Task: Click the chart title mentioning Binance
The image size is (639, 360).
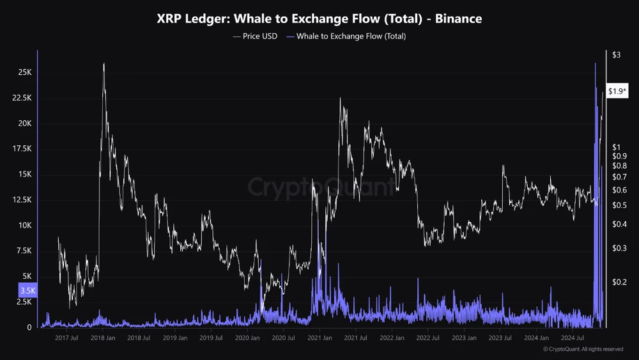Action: pyautogui.click(x=319, y=19)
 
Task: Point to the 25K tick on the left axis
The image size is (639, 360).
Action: pyautogui.click(x=24, y=72)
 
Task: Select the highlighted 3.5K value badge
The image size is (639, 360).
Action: pyautogui.click(x=28, y=291)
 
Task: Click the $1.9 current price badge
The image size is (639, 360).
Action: pyautogui.click(x=617, y=92)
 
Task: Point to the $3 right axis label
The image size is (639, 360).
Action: pyautogui.click(x=617, y=56)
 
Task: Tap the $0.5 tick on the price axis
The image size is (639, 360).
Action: pyautogui.click(x=619, y=205)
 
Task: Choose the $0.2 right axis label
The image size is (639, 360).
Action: pyautogui.click(x=619, y=282)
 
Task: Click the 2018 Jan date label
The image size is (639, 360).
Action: pyautogui.click(x=102, y=338)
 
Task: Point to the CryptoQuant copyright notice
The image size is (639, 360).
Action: pyautogui.click(x=583, y=349)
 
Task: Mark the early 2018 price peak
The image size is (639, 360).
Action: pyautogui.click(x=104, y=63)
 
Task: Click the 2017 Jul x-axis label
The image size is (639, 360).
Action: pyautogui.click(x=66, y=338)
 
